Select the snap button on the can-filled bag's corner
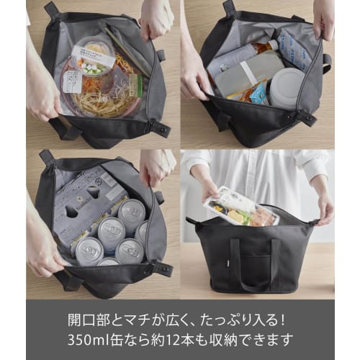tap(165, 269)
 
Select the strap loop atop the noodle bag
tap(50, 9)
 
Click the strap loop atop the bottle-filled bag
tap(230, 9)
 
